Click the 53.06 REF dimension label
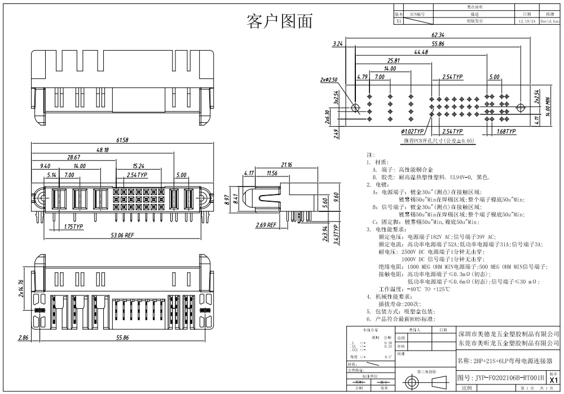pos(121,234)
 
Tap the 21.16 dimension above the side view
pos(286,165)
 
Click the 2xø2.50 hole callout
pos(328,79)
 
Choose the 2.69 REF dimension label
pos(265,225)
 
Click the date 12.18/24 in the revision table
pos(526,21)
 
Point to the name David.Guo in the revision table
pos(550,21)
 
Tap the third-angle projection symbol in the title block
pos(426,382)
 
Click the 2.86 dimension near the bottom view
pos(23,338)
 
